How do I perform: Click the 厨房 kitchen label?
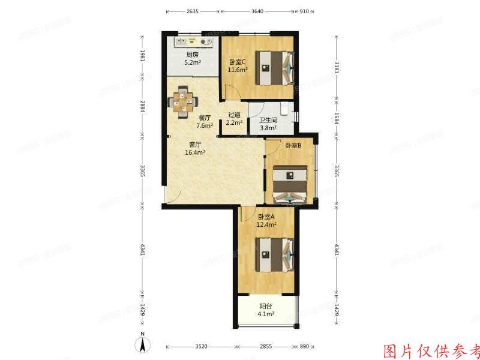pos(191,55)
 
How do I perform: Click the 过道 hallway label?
pos(234,115)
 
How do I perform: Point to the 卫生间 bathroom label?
pos(268,119)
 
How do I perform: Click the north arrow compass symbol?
pos(143,344)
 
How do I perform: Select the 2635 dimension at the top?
pos(193,11)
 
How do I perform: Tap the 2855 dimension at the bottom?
pos(265,347)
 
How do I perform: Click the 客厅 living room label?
pos(195,145)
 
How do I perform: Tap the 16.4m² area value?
pos(196,152)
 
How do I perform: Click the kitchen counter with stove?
pos(194,41)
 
